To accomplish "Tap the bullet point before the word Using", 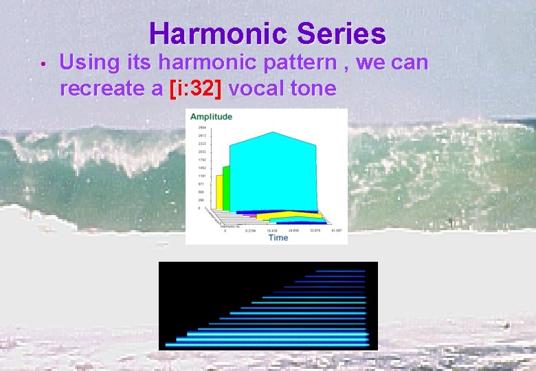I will [43, 65].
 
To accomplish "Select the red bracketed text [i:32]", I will [198, 89].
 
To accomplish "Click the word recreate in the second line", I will [103, 89].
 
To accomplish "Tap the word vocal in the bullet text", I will [263, 89].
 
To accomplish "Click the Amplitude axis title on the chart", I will [211, 117].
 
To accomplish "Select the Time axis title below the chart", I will [278, 238].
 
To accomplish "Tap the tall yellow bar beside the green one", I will [219, 192].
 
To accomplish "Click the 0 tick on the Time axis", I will [225, 231].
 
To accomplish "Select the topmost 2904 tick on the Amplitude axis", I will [202, 128].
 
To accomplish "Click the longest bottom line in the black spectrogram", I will [268, 344].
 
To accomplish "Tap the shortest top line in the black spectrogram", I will [341, 271].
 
